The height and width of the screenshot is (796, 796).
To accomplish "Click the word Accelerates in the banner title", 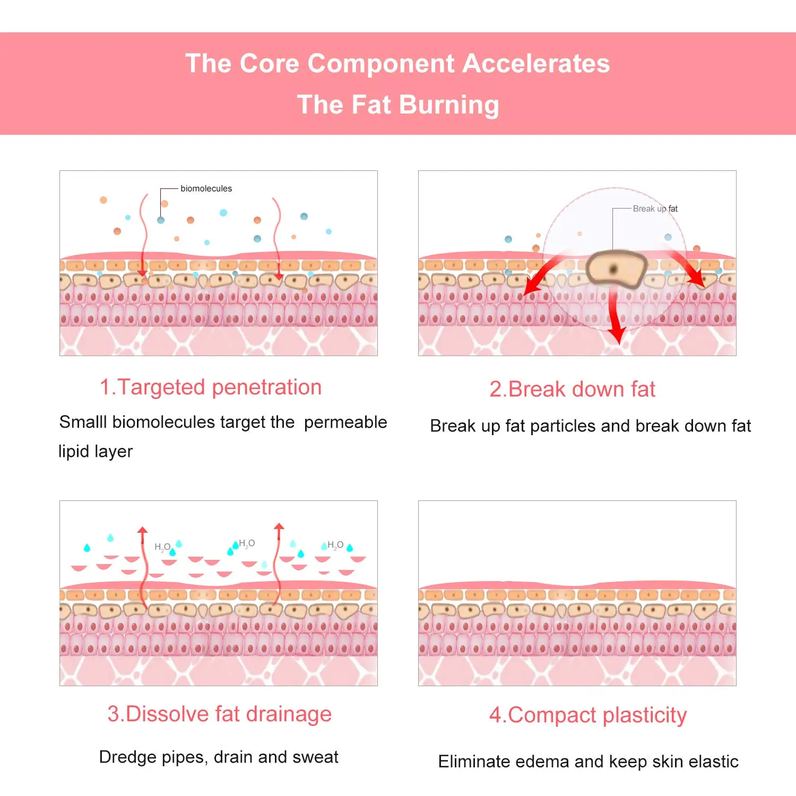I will click(536, 64).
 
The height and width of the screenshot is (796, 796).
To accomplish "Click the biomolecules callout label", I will click(206, 188).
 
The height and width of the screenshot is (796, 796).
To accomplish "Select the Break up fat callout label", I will click(655, 209).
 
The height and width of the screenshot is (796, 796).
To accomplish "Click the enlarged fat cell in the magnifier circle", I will click(616, 269).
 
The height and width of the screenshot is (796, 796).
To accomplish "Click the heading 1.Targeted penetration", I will click(211, 387).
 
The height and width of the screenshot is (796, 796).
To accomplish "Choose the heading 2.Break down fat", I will click(572, 389).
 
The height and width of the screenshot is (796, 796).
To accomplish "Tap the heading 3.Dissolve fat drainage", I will click(219, 714).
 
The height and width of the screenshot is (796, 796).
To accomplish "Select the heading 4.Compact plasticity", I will click(587, 715).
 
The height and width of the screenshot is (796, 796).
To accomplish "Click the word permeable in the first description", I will click(345, 422).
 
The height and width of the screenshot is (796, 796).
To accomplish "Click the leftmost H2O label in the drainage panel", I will click(162, 547).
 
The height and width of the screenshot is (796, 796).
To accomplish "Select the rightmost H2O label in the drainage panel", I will click(335, 545).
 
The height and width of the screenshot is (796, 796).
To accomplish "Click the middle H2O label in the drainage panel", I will click(247, 543).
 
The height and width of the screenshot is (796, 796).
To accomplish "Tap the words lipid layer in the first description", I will click(96, 451).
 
